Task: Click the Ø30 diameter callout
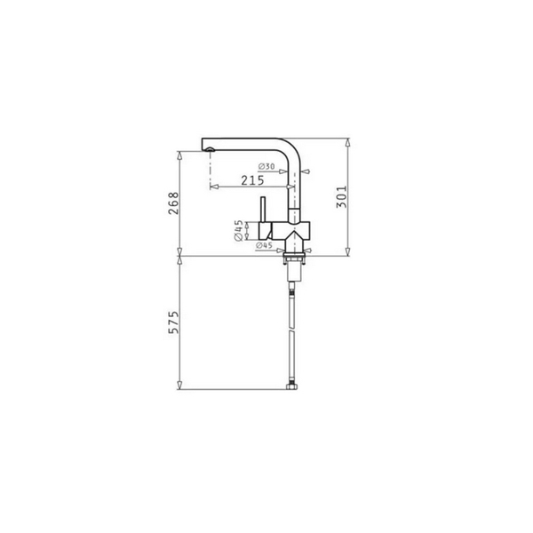[x=266, y=167]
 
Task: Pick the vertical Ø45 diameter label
[x=240, y=230]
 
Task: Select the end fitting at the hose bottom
[x=291, y=388]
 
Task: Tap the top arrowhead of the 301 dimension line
[x=347, y=142]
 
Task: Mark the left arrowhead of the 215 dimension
[x=212, y=187]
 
